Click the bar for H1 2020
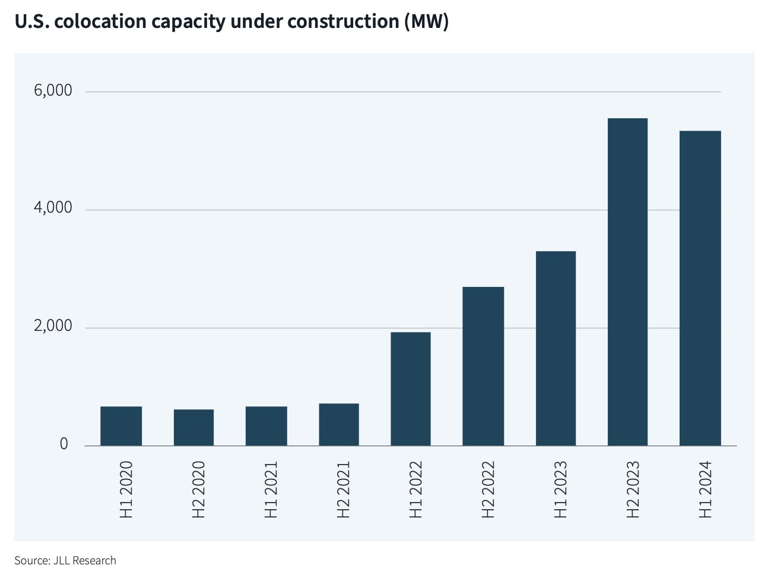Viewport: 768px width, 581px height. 121,426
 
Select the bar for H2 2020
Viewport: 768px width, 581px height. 193,427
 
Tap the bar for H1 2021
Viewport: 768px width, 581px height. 266,426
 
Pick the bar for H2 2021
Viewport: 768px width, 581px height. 339,424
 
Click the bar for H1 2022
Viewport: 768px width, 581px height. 411,389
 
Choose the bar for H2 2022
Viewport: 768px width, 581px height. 483,366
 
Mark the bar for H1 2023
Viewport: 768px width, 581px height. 556,348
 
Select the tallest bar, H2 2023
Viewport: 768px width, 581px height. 627,282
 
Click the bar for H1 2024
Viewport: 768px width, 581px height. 700,288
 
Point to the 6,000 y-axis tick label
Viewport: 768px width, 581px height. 53,90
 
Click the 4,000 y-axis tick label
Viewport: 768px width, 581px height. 53,208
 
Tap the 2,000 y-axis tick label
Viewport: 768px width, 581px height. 53,326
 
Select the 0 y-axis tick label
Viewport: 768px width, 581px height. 64,444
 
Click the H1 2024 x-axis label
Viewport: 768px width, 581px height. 704,490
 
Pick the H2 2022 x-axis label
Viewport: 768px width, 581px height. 487,490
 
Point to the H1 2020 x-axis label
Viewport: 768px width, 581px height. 126,490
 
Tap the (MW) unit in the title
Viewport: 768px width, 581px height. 426,22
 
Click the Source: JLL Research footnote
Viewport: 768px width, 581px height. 65,560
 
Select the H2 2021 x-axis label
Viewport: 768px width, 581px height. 343,490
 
